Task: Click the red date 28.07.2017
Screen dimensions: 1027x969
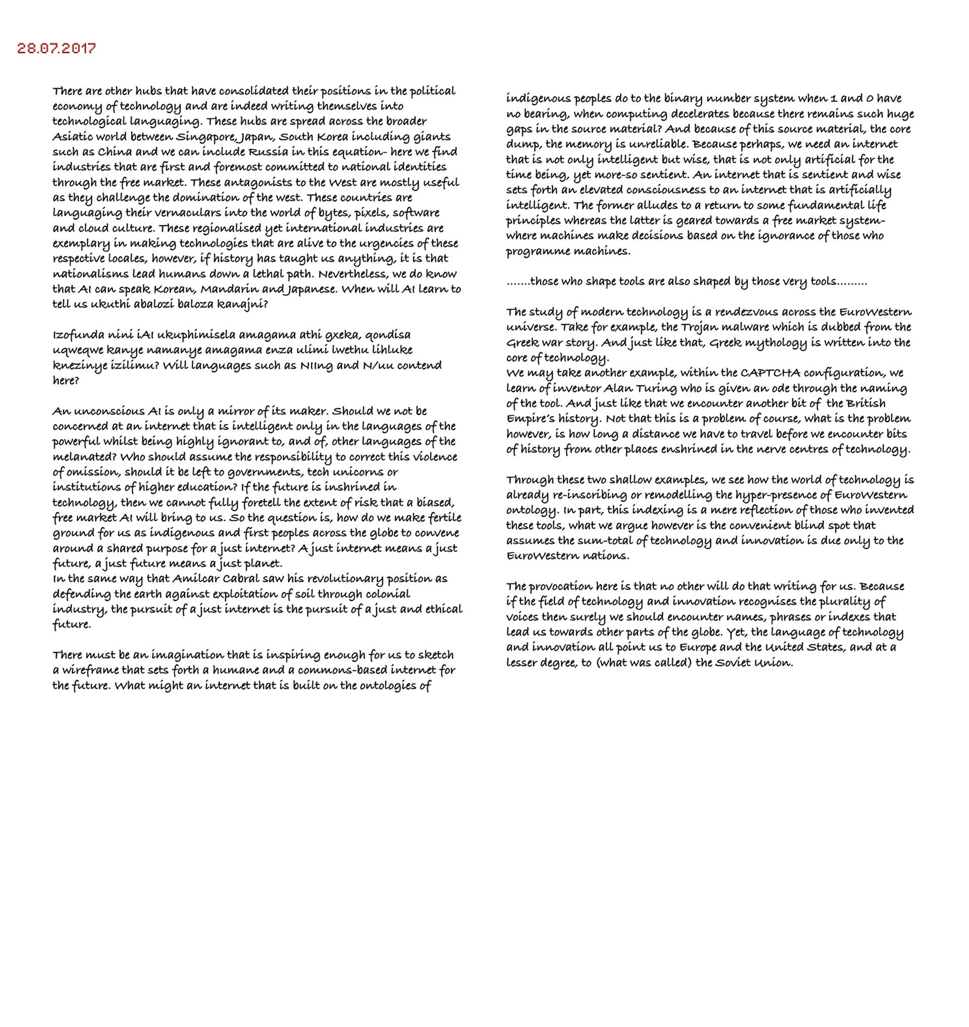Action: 57,48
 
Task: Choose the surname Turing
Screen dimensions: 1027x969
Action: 641,389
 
